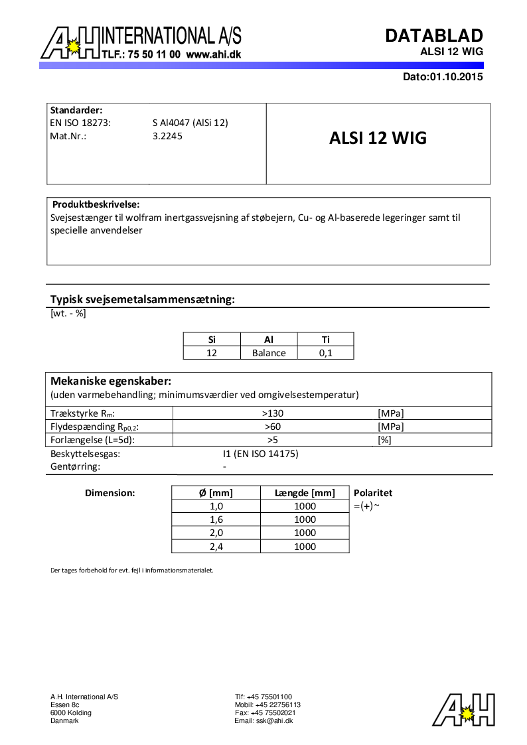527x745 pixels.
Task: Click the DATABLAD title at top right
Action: [434, 36]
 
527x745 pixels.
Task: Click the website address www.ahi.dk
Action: [213, 55]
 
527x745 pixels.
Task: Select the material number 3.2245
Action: [167, 136]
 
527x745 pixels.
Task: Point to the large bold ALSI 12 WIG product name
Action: [378, 138]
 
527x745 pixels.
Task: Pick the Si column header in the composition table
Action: [212, 340]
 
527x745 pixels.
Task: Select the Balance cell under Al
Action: [269, 353]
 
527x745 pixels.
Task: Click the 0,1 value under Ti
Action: [325, 353]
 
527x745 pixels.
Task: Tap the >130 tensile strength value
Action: [272, 413]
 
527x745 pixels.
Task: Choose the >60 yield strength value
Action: [272, 427]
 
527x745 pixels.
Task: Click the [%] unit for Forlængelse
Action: [384, 440]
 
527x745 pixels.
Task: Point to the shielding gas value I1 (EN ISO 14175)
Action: [260, 454]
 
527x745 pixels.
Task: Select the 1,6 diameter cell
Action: [216, 519]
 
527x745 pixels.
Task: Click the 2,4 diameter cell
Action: [216, 547]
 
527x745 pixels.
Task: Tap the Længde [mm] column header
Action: [305, 493]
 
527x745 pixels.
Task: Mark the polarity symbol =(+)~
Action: [366, 506]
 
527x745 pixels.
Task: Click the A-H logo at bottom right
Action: [464, 710]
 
